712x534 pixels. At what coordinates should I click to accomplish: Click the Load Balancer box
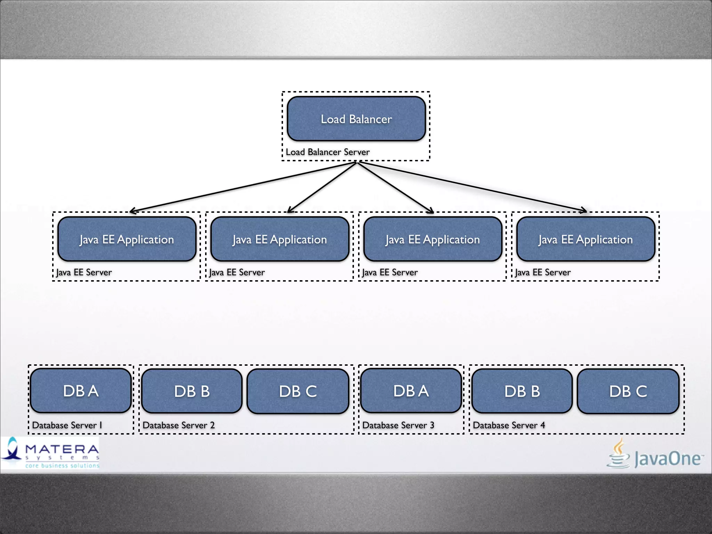click(356, 119)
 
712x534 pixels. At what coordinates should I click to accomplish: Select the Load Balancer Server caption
click(327, 152)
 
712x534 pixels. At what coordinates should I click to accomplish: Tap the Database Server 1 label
click(67, 425)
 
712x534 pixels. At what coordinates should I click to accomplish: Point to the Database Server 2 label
click(179, 425)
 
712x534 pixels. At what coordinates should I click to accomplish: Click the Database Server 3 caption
click(398, 425)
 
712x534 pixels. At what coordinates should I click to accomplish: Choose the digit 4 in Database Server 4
click(543, 425)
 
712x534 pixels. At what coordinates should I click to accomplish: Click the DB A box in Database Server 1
click(81, 391)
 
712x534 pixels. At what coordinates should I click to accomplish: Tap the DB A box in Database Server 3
click(411, 391)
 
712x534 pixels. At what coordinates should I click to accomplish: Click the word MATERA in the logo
click(62, 449)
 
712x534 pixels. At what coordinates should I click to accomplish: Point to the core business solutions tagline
click(62, 466)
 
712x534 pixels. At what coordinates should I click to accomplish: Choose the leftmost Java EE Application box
click(127, 239)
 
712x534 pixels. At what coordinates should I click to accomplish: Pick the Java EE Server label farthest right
click(543, 272)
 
